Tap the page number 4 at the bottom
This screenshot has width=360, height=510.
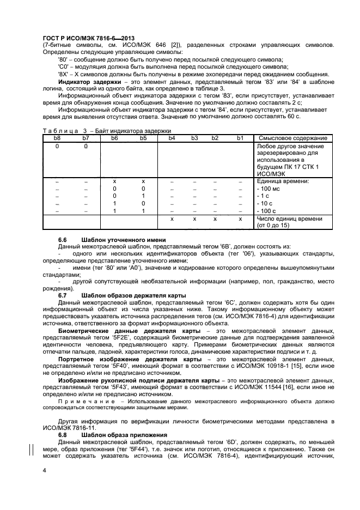(45, 470)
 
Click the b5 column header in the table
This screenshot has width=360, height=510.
(143, 138)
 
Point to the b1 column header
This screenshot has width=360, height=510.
(240, 138)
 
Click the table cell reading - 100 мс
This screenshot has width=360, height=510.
(269, 187)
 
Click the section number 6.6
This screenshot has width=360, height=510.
(63, 240)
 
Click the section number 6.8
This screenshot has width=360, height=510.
(63, 435)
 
